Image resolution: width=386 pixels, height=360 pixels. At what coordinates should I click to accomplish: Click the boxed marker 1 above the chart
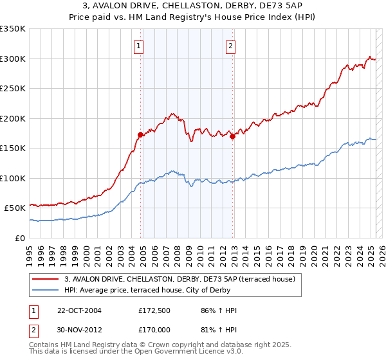tap(139, 46)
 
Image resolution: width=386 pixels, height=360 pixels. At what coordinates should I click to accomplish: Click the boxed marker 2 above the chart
tap(230, 46)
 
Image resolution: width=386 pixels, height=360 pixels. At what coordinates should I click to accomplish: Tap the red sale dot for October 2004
tap(140, 134)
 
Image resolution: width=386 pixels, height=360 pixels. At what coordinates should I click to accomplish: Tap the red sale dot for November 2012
tap(233, 136)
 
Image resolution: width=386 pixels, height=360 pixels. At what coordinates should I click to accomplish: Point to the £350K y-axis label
tap(13, 29)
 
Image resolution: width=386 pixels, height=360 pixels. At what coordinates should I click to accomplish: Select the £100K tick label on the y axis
tap(13, 178)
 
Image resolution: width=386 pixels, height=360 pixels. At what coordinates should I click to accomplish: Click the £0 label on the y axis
tap(21, 238)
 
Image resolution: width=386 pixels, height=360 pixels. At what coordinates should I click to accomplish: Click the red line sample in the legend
tap(46, 279)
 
